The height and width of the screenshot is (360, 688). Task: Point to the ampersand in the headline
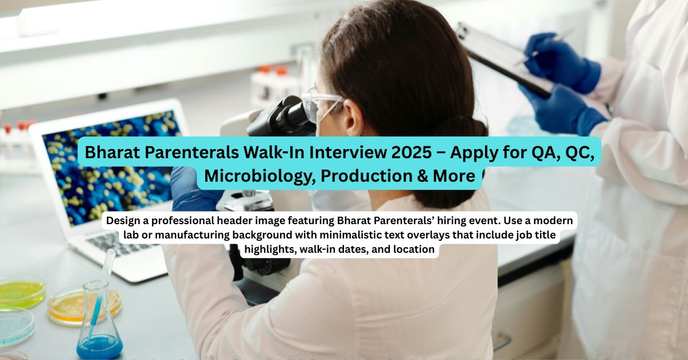423,176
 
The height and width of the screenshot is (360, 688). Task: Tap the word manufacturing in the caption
192,235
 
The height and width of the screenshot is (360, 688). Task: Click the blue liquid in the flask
99,347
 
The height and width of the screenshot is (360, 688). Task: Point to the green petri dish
22,291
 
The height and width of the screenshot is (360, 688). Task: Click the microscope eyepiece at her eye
295,116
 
